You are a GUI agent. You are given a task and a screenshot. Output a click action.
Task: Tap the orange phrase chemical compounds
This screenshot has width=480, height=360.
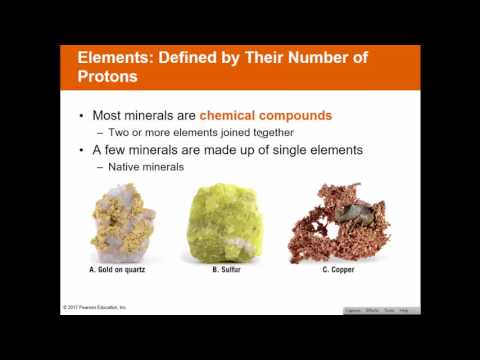click(x=265, y=115)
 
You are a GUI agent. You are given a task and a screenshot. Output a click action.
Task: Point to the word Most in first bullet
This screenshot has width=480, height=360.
click(x=112, y=115)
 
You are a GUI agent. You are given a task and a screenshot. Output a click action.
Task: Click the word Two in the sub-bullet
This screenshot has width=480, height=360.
click(x=119, y=132)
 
